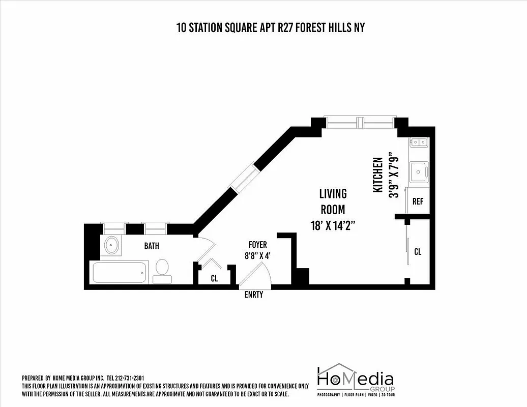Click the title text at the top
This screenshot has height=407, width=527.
270,27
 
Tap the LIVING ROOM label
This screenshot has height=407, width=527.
333,201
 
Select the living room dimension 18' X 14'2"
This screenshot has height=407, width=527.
333,225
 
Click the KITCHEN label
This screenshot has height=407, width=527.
378,175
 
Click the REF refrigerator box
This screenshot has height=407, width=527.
418,201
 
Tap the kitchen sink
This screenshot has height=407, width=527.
419,172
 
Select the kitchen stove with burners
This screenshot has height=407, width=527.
419,142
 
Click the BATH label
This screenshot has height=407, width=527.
151,246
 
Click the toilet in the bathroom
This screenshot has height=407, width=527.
162,270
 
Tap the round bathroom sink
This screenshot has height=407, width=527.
111,246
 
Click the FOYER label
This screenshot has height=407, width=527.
257,245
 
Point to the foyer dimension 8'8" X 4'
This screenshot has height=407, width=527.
257,256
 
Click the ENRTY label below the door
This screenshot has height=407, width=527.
254,295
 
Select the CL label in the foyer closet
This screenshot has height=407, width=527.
215,278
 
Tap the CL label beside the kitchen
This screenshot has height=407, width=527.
418,251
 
